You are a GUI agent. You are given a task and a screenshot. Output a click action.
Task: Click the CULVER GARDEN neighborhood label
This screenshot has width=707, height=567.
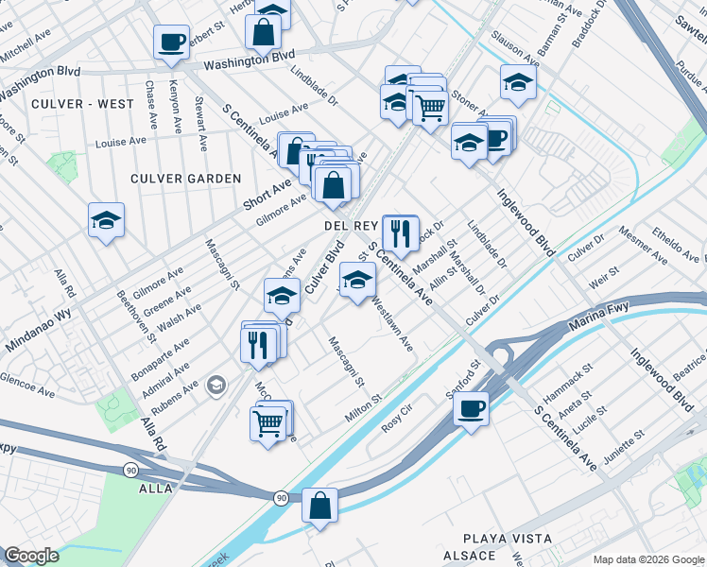[186, 179]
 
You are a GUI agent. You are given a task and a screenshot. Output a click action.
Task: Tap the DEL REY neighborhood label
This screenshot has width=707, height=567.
[352, 227]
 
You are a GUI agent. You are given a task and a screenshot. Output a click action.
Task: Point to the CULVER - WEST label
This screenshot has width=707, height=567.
[81, 103]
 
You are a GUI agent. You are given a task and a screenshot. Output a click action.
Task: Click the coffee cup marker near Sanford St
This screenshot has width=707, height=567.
[471, 409]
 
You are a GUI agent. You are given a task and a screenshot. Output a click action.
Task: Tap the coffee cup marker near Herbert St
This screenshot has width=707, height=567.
[171, 42]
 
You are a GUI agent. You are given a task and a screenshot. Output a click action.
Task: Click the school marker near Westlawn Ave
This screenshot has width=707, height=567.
[356, 280]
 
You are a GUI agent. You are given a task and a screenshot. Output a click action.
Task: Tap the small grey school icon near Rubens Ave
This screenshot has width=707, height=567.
[217, 385]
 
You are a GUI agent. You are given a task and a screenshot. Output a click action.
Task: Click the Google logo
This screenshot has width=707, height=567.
[31, 556]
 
